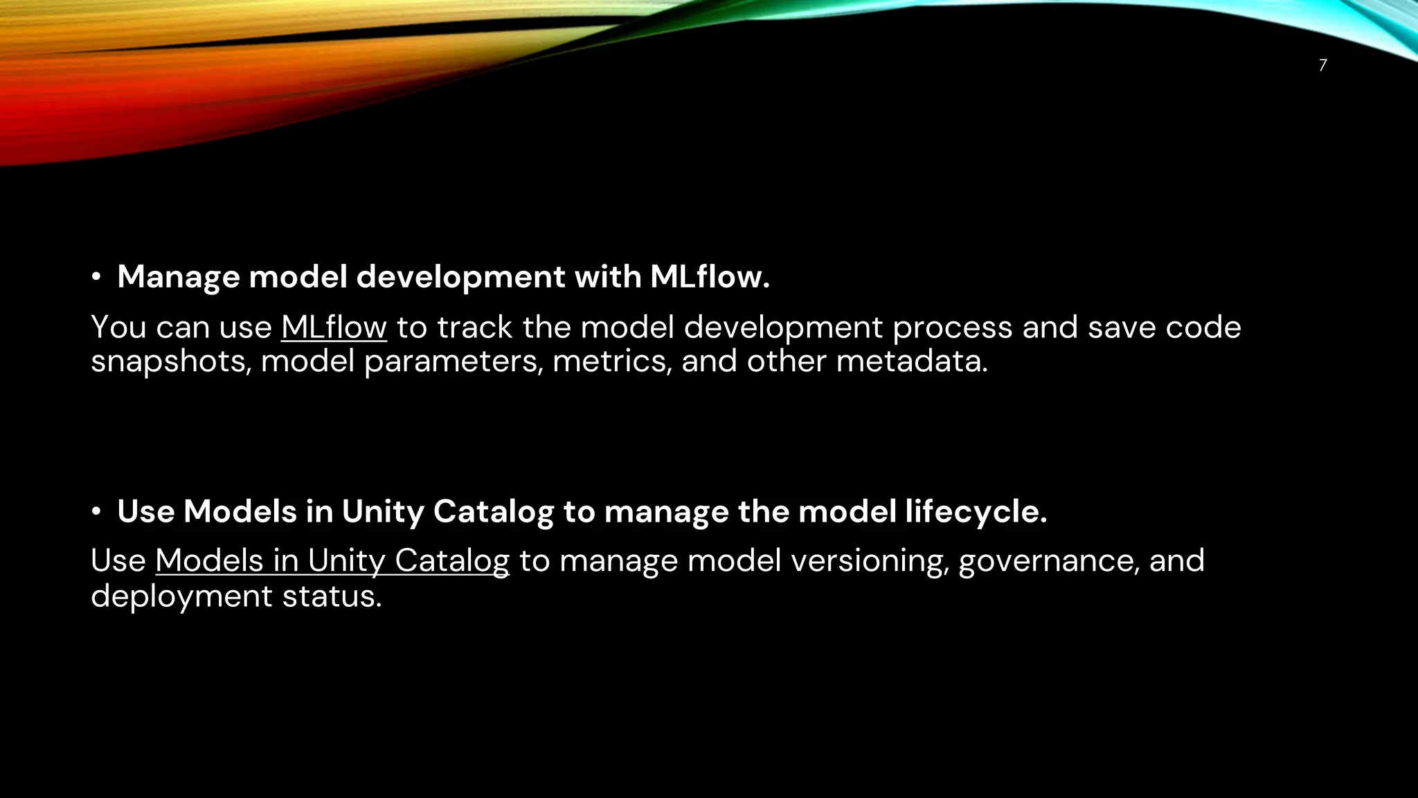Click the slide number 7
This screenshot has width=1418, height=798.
[1322, 65]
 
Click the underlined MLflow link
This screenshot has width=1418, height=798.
[334, 327]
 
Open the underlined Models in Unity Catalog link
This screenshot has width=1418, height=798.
[332, 560]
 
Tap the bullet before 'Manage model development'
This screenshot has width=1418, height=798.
[96, 278]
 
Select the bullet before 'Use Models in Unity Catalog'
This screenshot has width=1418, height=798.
[96, 512]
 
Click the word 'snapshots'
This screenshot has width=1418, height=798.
[171, 362]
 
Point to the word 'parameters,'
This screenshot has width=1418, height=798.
[453, 362]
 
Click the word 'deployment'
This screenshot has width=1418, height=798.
[181, 596]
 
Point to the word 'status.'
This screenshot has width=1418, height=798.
[332, 596]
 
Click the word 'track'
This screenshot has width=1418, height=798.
[474, 327]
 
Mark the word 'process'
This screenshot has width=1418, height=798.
[952, 327]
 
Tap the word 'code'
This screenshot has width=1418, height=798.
[1203, 327]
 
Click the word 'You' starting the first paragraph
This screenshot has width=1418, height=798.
[118, 327]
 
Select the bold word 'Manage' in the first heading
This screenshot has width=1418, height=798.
[179, 277]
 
